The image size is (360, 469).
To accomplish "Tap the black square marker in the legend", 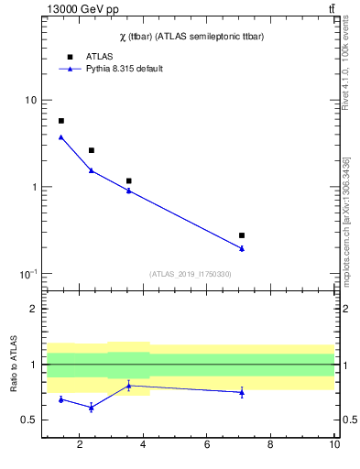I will click(x=69, y=57).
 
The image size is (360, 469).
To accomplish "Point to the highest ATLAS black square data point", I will click(x=61, y=121).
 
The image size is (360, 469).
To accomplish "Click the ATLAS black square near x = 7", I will click(x=242, y=235).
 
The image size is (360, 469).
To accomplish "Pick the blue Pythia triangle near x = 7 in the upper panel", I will click(x=242, y=248).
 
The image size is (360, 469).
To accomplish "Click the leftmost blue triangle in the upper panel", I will click(x=61, y=137).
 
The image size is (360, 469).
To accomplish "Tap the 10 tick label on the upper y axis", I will click(x=30, y=100).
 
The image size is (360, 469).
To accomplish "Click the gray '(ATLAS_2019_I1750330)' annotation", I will click(x=190, y=274).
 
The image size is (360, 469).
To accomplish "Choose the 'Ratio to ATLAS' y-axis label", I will click(x=12, y=365).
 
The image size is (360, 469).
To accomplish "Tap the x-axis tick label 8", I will click(x=270, y=446).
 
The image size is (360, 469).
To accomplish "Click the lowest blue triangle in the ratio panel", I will click(x=91, y=407).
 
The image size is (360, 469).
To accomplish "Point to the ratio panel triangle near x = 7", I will click(x=242, y=392).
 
